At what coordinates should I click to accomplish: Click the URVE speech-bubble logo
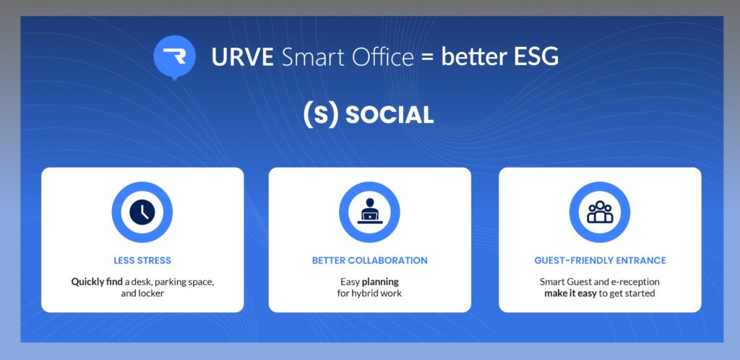point(174,57)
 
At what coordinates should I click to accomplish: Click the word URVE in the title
point(243,57)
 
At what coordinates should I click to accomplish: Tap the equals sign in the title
point(427,58)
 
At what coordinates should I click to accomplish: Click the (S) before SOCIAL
point(320,115)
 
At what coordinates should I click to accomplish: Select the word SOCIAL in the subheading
point(390,116)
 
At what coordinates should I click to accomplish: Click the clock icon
point(142,212)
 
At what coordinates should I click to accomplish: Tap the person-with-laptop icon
point(369,210)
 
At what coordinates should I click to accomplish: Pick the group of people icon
point(600,212)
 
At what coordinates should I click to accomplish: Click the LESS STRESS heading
point(142,260)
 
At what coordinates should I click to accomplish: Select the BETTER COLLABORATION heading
point(369,260)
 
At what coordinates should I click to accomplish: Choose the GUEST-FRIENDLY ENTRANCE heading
point(600,260)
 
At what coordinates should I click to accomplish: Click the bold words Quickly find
point(97,282)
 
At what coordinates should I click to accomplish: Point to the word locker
point(151,293)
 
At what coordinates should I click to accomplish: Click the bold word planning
point(380,282)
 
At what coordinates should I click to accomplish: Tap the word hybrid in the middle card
point(365,293)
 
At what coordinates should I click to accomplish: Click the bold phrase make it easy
point(571,293)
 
